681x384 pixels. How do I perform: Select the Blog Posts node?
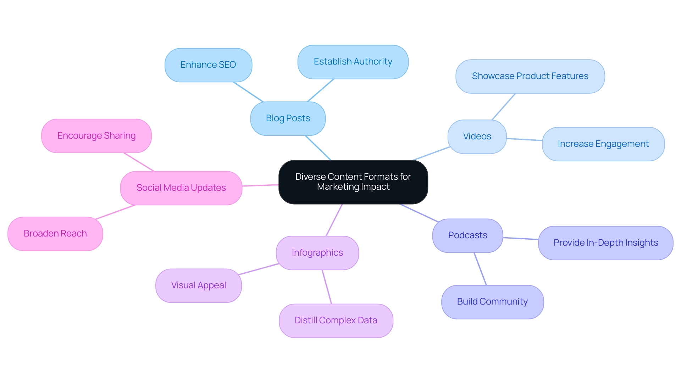pos(288,118)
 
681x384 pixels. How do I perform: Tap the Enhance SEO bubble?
pos(208,65)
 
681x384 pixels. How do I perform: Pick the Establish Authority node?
pos(353,62)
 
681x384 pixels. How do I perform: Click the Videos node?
pos(477,137)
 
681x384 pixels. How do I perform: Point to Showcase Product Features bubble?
pos(530,76)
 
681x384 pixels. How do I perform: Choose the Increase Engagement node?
pos(603,144)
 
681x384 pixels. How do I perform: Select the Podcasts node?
pos(467,235)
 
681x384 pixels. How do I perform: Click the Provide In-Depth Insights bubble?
pos(605,243)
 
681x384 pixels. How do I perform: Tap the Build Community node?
pos(492,302)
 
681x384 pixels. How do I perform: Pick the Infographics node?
pos(317,253)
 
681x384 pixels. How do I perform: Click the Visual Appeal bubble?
pos(198,285)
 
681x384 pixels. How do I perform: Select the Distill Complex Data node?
pos(336,321)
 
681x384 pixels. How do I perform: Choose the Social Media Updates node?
pos(181,188)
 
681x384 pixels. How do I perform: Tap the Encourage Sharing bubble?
pos(96,136)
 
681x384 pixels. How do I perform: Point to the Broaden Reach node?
pos(55,234)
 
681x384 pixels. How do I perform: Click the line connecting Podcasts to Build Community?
pos(480,269)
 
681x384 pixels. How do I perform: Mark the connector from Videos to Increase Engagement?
pos(524,140)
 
